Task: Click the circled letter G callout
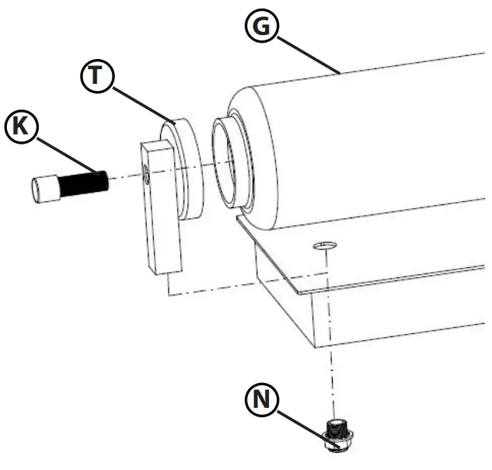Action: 261,26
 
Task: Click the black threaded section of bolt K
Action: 81,185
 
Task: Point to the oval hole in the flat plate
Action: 323,246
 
